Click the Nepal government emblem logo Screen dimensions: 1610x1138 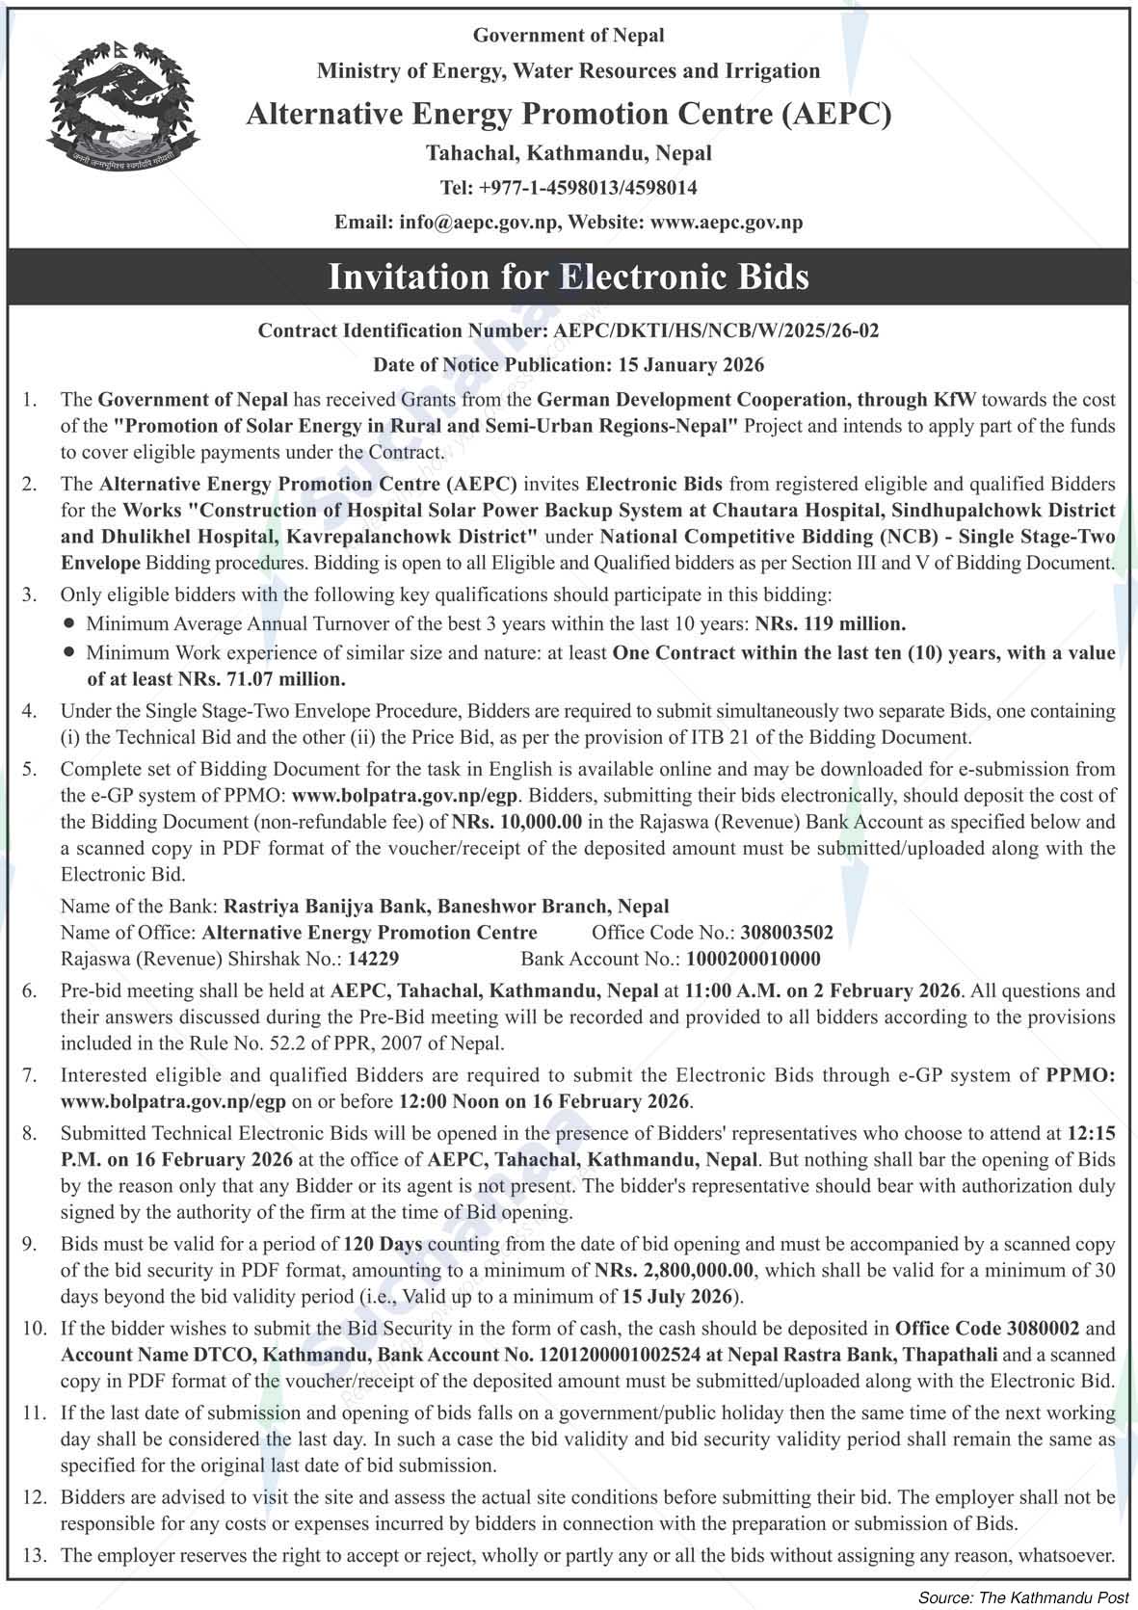coord(123,107)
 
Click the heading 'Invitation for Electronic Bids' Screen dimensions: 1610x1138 coord(569,277)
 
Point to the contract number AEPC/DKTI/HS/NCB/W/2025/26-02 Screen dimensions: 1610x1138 coord(716,330)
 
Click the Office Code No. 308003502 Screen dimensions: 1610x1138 coord(786,933)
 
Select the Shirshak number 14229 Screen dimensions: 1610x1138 coord(373,959)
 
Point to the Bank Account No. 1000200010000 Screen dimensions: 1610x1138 coord(753,959)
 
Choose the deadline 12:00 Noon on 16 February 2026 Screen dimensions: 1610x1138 coord(544,1101)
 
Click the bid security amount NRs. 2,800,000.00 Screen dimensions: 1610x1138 coord(675,1271)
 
